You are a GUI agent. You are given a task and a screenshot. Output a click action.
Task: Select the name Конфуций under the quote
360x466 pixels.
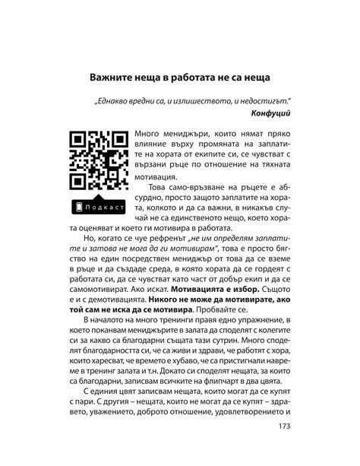click(x=270, y=112)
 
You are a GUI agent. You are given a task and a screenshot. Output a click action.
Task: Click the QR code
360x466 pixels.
click(x=99, y=161)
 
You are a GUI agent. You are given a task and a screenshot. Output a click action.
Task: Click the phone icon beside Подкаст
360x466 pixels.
click(x=79, y=208)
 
